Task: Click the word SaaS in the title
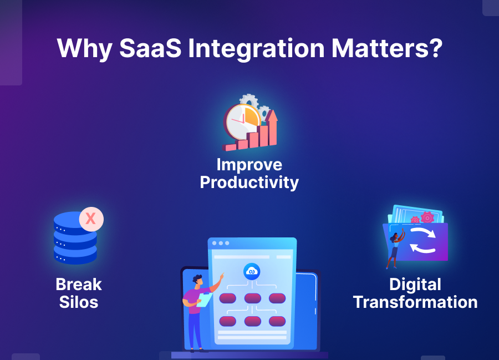pos(150,48)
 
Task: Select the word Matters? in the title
pos(386,48)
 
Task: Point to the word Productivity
pos(249,182)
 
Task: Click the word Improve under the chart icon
pos(249,165)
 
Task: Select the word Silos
pos(78,302)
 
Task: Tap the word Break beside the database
pos(79,285)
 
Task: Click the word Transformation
pos(415,302)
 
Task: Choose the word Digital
pos(415,285)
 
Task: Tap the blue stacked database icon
pos(75,239)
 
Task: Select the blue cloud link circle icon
pos(252,271)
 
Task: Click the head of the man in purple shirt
pos(196,280)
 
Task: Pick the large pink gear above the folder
pos(427,217)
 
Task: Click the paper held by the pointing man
pos(204,300)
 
